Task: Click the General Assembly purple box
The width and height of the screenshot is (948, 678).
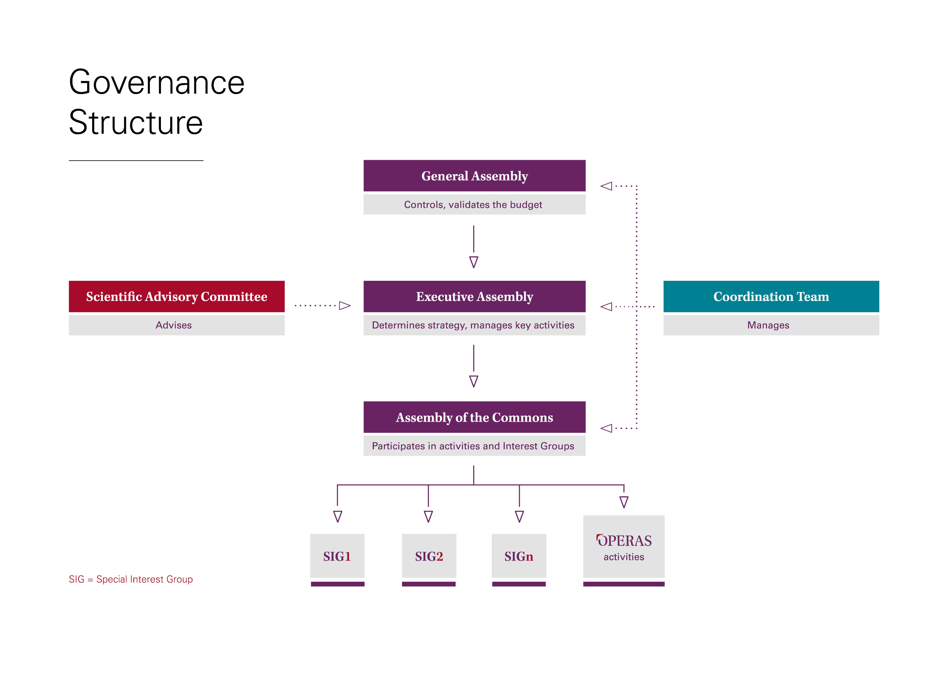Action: pos(474,176)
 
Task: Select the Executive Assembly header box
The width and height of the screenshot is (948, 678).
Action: pos(474,296)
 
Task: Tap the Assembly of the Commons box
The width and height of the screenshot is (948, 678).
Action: pos(474,417)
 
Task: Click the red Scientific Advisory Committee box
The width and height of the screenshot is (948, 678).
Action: pos(176,296)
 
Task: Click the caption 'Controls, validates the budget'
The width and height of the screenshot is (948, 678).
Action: pos(473,205)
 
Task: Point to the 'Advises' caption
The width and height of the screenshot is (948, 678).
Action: pos(173,325)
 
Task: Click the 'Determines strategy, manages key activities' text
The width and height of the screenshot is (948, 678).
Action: pos(473,325)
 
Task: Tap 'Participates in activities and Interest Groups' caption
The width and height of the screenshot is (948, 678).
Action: pos(473,446)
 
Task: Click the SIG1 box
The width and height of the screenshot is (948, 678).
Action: pos(337,556)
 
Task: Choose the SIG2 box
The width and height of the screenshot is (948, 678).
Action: pos(428,556)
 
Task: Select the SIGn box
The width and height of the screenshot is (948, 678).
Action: pos(519,556)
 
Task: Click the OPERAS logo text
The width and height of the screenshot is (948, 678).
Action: pos(624,541)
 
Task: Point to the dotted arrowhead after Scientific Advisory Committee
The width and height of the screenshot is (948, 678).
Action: pos(344,306)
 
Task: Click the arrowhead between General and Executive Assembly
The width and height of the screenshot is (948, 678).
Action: pos(473,262)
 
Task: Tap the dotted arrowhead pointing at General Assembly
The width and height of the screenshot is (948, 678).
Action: pos(606,186)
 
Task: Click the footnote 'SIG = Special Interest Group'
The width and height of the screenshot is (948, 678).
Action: pos(131,579)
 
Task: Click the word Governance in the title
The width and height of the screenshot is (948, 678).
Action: pos(156,83)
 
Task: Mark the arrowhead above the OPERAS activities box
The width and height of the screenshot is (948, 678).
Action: pos(624,502)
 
